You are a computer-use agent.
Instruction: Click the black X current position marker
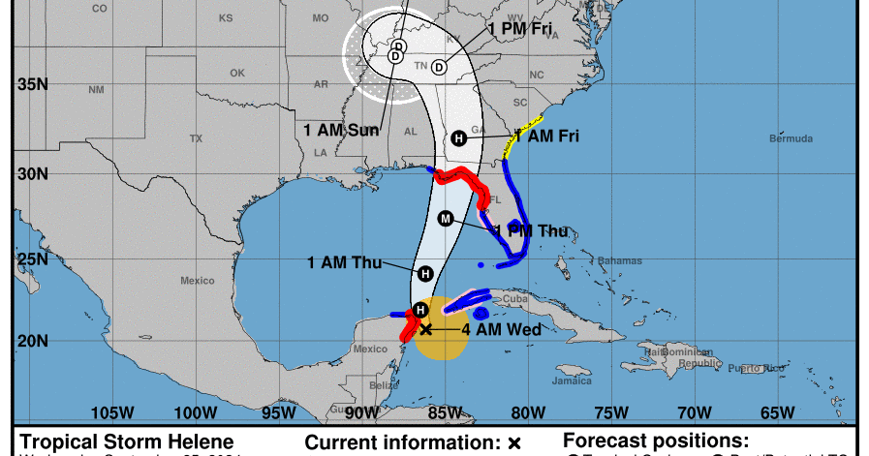(x=425, y=329)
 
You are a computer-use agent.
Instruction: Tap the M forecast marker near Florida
(x=446, y=218)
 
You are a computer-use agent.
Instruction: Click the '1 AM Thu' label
(x=342, y=262)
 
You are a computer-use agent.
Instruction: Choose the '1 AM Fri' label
(x=547, y=137)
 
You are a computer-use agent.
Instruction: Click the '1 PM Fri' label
(x=520, y=29)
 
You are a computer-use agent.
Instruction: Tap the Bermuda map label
(x=791, y=139)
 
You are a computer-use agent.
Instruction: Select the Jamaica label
(x=572, y=380)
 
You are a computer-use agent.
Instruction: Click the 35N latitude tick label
(x=32, y=84)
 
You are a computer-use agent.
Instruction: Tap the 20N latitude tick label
(x=32, y=341)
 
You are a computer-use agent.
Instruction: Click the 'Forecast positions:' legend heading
(x=656, y=441)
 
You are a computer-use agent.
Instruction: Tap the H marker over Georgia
(x=459, y=138)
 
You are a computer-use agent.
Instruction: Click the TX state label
(x=197, y=138)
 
